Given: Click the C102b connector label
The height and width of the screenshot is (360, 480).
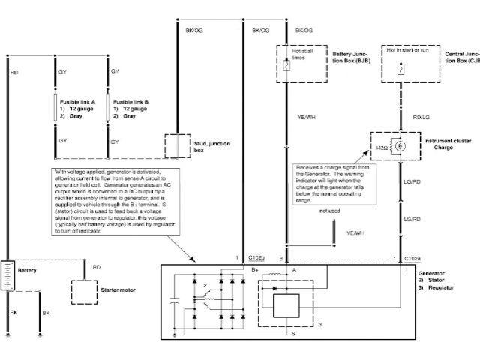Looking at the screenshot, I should click(x=256, y=257).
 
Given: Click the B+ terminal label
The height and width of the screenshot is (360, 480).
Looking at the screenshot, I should click(x=255, y=268).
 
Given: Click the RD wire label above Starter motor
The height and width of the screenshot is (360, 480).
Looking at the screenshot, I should click(x=97, y=266).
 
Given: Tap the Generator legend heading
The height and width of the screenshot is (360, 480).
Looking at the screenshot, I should click(x=432, y=276).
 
